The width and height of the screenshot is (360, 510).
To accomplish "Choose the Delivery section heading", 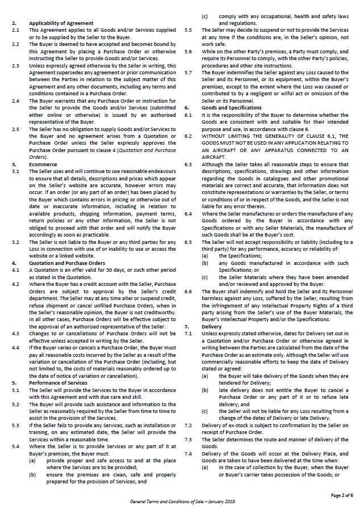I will tap(211, 327).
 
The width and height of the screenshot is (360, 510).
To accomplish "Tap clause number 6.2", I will tap(189, 136).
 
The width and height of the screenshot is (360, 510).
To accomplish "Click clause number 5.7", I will tap(189, 72).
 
